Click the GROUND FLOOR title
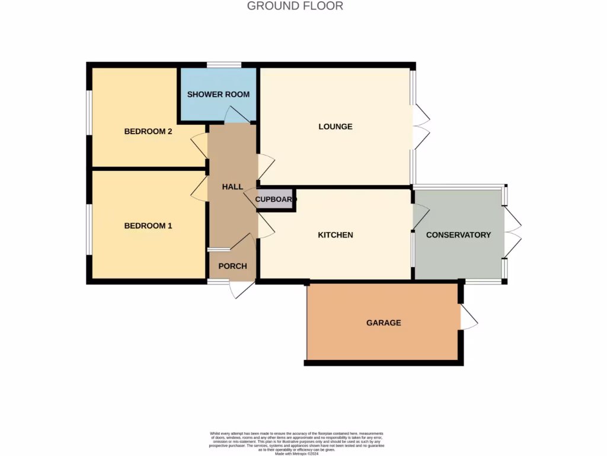[295, 7]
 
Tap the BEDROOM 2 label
[148, 131]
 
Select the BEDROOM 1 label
[148, 226]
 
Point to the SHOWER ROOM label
[218, 94]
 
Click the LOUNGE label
[335, 126]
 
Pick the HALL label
[232, 186]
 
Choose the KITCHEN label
[336, 235]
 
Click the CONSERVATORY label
[458, 235]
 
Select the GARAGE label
[384, 323]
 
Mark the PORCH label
[232, 266]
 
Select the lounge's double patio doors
[421, 126]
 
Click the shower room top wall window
[223, 65]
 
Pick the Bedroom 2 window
[89, 112]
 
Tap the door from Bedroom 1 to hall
[199, 188]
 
